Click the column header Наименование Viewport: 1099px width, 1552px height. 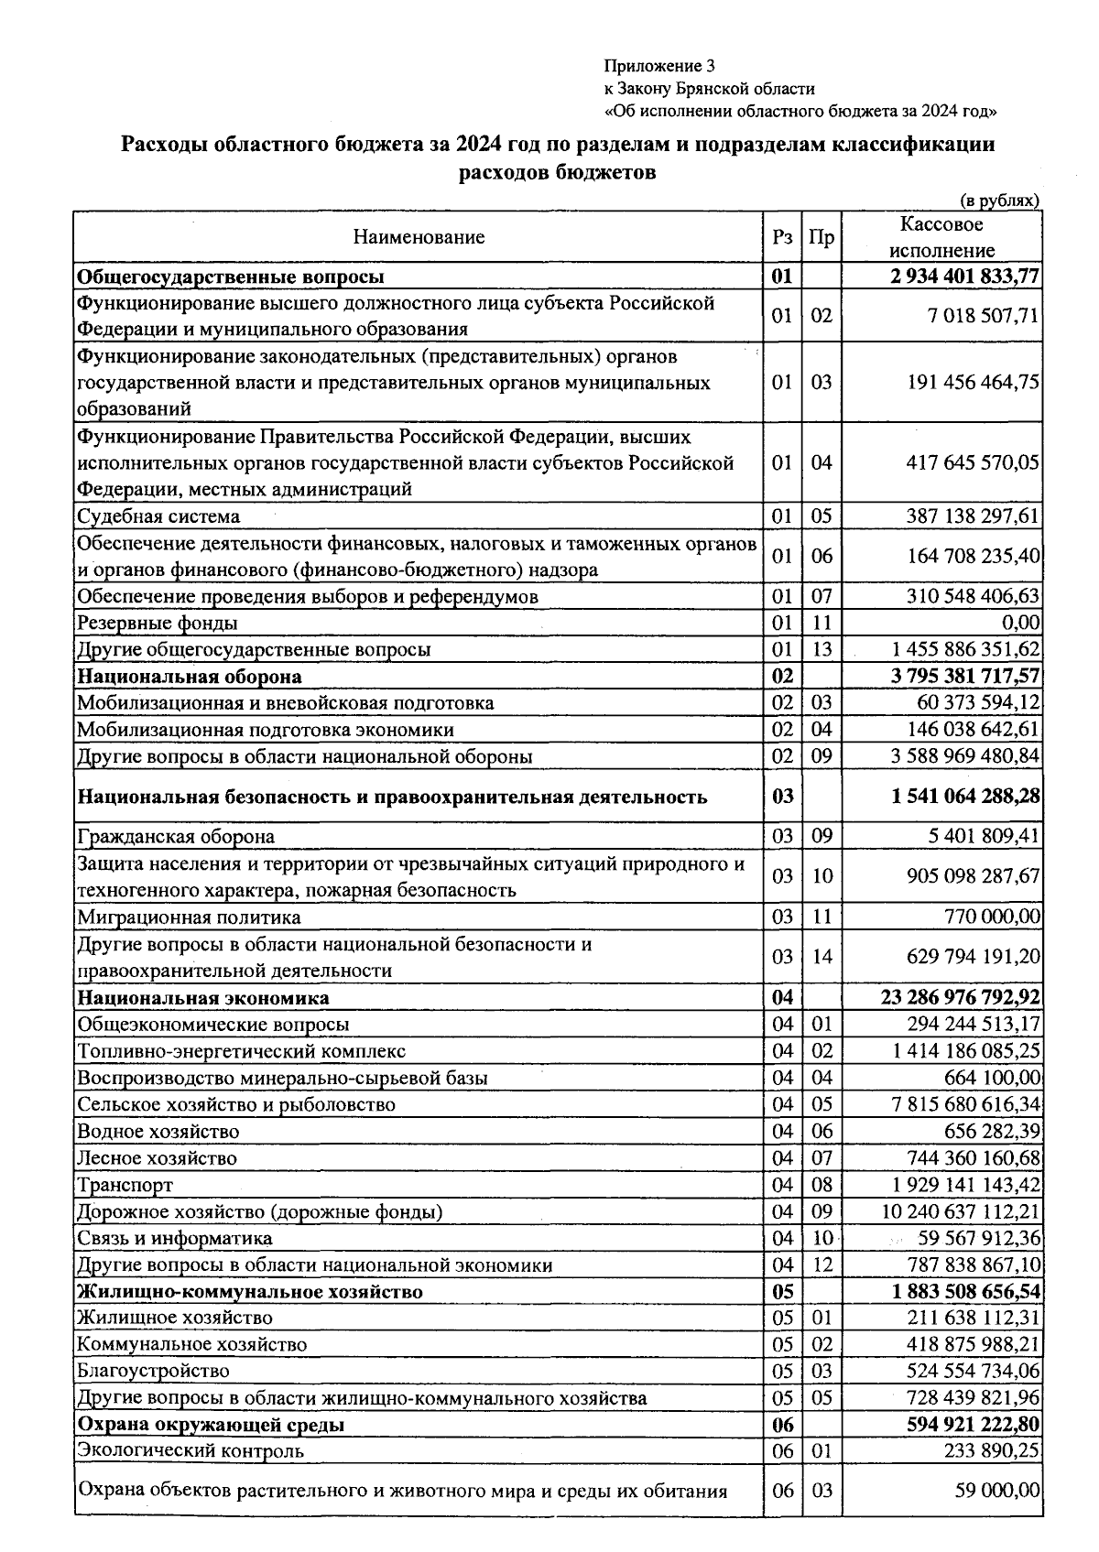coord(419,238)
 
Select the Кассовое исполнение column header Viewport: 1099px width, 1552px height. coord(941,237)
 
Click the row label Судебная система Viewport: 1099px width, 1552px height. coord(158,516)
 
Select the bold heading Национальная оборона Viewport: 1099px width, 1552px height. coord(190,677)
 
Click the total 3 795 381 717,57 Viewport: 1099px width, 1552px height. coord(965,677)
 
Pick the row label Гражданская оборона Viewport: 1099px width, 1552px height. coord(176,837)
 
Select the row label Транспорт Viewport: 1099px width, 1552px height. coord(125,1185)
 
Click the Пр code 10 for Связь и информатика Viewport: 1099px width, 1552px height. coord(822,1238)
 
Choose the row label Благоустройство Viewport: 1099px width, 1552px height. coord(153,1371)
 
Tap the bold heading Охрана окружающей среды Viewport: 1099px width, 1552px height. coord(212,1425)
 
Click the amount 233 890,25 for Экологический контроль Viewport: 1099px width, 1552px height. coord(992,1450)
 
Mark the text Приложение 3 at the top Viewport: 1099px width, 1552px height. coord(658,66)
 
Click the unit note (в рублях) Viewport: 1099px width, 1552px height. coord(999,201)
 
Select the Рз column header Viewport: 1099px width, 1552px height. coord(782,238)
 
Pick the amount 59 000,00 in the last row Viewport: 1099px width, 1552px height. coord(997,1491)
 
